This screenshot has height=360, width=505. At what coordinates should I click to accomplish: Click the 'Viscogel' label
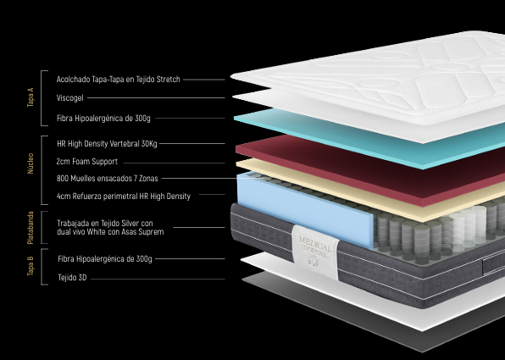point(69,98)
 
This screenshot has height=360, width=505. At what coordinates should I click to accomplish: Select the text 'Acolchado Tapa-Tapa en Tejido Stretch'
point(118,80)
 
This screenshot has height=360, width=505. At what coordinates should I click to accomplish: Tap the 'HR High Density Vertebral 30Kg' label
point(107,144)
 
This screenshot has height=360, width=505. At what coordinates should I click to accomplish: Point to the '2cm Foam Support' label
point(87,161)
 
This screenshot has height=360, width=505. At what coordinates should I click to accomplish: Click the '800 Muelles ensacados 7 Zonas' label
point(108,179)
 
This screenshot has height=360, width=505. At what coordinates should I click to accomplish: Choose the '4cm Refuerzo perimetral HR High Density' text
point(124,197)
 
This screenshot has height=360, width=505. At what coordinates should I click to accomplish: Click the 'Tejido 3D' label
point(72,278)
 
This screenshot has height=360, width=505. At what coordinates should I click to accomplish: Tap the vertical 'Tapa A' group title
point(31,97)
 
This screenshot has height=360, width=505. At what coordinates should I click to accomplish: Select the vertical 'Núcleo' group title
point(31,163)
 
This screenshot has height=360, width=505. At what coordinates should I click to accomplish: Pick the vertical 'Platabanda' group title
point(31,228)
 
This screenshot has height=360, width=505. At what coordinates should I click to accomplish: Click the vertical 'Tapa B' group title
point(31,266)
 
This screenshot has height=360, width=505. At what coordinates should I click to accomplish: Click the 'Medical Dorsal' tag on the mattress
point(315,252)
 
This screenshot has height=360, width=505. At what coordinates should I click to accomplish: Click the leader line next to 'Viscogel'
point(156,98)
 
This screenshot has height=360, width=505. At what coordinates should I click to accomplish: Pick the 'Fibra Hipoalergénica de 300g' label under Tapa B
point(105,259)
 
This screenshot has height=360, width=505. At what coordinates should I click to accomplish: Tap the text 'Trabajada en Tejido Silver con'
point(105,223)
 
